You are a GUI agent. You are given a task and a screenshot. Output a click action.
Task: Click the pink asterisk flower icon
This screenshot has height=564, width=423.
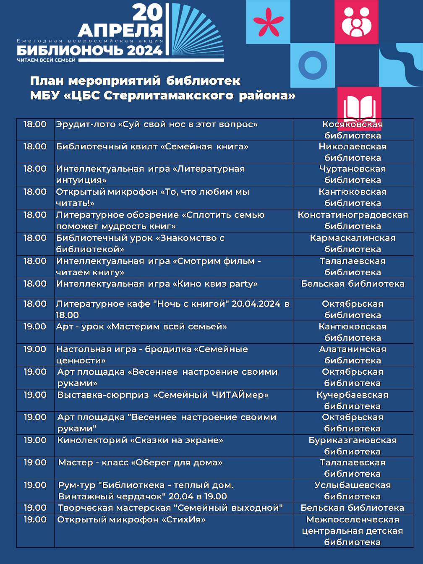268,22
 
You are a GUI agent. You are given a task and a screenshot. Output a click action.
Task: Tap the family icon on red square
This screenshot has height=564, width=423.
356,22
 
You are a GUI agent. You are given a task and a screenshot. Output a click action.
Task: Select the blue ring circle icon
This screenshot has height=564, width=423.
313,65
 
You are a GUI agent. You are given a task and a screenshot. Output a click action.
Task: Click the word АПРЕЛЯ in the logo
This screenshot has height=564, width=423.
120,30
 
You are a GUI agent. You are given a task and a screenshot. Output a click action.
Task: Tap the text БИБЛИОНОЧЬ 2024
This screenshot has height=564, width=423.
89,51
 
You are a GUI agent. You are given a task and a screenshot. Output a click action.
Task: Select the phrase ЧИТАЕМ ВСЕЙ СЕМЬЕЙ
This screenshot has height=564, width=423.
46,60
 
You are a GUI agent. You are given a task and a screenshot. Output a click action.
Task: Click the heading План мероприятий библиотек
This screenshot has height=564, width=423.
135,81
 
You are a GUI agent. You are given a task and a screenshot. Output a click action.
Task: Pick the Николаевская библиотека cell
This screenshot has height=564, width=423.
352,152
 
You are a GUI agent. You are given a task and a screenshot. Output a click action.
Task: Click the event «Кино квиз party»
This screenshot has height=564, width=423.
157,284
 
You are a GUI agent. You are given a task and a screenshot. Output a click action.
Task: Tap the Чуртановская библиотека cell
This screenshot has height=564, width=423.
352,174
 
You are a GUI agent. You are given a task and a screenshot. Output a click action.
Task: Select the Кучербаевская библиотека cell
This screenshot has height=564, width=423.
352,400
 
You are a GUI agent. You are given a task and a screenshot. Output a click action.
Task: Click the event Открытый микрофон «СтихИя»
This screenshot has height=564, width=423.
131,520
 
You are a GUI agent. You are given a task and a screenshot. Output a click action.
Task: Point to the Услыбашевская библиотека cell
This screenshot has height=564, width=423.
352,491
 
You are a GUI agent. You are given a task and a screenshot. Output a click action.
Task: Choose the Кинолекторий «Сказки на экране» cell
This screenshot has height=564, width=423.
140,441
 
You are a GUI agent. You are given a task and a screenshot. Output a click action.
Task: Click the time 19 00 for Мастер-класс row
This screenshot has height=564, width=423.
35,462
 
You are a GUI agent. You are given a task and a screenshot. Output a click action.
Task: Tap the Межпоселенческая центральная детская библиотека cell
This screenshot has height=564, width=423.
352,531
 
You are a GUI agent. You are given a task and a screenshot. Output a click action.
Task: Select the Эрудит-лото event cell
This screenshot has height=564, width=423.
157,125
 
